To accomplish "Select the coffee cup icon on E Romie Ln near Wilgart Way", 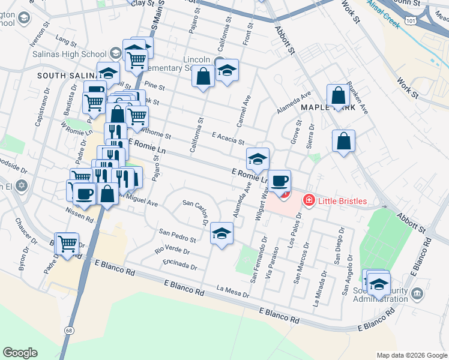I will pos(279,181).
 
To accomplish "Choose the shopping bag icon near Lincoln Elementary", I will pos(203,77).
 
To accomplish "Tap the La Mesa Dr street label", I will pos(233,292).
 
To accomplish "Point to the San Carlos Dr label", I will pos(196,214).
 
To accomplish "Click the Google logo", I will pos(20,353).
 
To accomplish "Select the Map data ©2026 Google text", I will pos(411,355).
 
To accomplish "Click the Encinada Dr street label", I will pos(179,265).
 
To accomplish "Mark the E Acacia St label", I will pos(228,139).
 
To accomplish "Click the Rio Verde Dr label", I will pos(172,248).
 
